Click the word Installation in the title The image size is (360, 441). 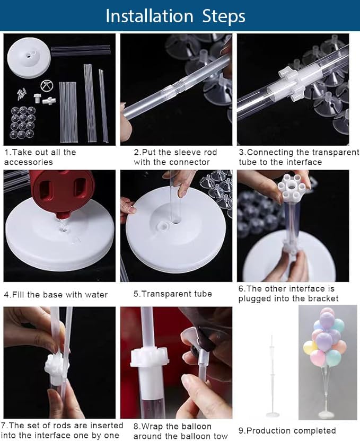point(150,16)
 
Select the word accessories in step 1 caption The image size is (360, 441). point(29,162)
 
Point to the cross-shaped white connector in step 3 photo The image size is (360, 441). point(289,82)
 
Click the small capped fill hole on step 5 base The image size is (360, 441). point(163,226)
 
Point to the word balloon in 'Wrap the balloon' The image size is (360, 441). point(196,426)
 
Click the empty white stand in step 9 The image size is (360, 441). point(271,377)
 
